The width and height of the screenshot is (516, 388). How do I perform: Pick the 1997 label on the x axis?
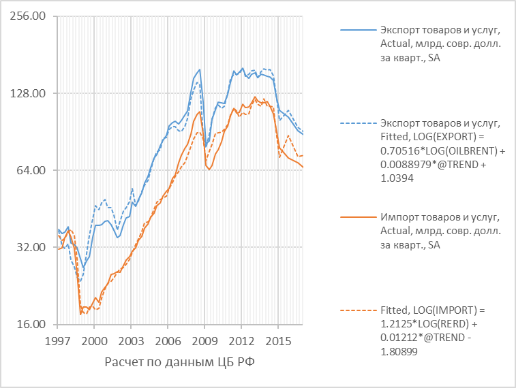click(58, 340)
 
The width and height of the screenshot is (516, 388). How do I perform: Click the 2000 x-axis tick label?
click(95, 340)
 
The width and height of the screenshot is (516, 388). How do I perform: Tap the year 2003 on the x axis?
click(132, 340)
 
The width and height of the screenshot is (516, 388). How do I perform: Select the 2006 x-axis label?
click(168, 340)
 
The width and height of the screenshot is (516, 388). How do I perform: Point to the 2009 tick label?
click(204, 340)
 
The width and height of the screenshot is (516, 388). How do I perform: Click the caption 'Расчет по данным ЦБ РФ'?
click(180, 361)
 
